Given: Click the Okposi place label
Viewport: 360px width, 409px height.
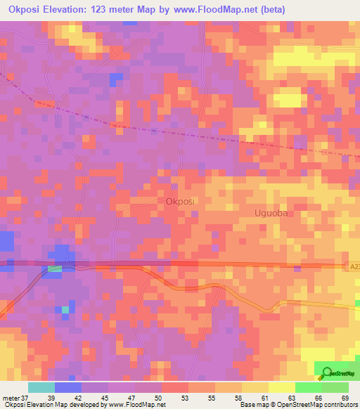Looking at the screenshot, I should [x=181, y=201].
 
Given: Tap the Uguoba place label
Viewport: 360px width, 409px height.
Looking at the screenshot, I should [x=271, y=212].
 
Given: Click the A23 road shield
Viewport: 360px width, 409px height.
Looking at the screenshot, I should [x=354, y=267].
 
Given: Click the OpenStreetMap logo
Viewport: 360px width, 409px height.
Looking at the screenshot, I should [x=335, y=373].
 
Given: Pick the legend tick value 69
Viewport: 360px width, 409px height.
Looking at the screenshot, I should [x=345, y=397].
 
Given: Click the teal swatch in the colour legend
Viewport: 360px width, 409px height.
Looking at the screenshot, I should [x=41, y=387].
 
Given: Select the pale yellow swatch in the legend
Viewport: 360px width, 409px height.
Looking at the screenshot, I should [x=281, y=387].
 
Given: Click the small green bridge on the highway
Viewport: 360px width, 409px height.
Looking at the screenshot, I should [x=55, y=268].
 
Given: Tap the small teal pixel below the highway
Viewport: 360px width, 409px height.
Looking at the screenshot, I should [x=65, y=309].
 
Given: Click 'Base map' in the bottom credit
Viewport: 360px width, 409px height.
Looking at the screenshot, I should [x=252, y=405].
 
